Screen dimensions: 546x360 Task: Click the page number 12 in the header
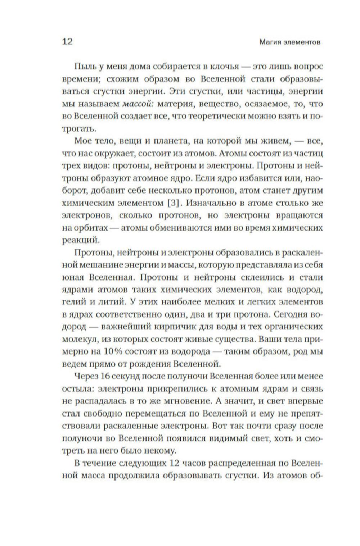[x=67, y=41]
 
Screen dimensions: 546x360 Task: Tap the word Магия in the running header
[x=269, y=42]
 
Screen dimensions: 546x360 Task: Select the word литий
[x=107, y=301]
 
